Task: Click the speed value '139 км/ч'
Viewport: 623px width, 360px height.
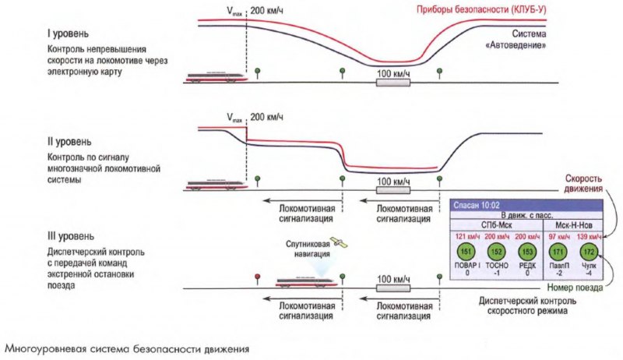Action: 589,236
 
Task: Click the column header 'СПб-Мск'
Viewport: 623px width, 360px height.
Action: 495,224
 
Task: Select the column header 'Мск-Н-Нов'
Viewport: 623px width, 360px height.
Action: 574,224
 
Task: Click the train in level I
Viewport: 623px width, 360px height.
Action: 217,76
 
